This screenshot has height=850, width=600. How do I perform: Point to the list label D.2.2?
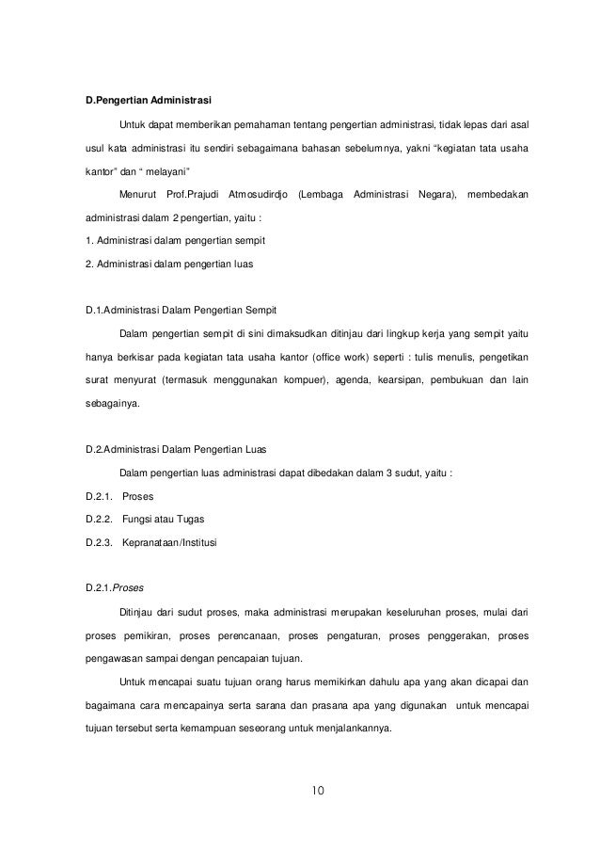pos(98,520)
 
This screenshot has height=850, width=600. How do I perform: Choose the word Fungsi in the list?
pos(139,520)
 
